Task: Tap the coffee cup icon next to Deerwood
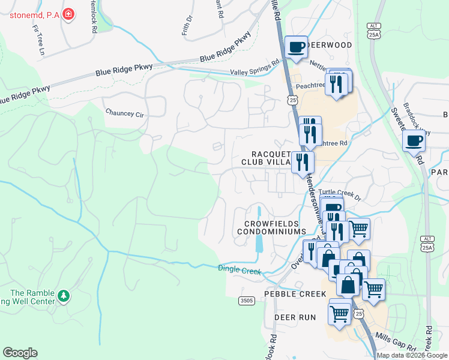(295, 47)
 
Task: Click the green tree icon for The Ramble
(62, 296)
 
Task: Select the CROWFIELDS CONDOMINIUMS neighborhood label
(275, 227)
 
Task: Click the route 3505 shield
(246, 300)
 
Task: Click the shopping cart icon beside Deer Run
(339, 313)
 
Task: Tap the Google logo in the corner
(20, 353)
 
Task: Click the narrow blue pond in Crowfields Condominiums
(259, 234)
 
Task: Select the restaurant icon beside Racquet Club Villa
(303, 162)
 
